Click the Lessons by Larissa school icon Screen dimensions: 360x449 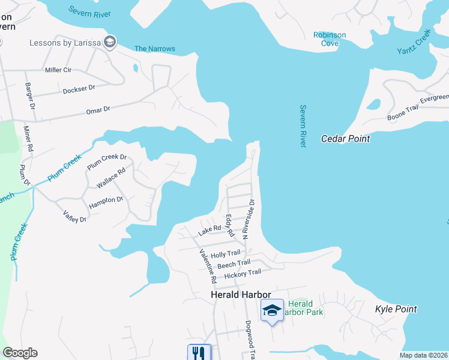pos(110,42)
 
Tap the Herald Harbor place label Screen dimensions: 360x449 pos(241,295)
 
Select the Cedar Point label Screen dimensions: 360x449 pos(345,139)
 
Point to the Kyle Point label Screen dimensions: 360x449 pos(396,309)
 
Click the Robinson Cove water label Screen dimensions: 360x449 pos(330,39)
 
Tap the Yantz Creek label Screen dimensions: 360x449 pos(414,43)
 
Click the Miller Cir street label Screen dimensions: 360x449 pos(58,70)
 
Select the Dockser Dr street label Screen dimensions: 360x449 pos(79,89)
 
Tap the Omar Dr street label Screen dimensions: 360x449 pos(98,109)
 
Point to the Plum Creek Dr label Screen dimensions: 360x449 pos(107,162)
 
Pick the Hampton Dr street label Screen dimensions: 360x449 pos(106,202)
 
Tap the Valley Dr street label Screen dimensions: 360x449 pos(74,216)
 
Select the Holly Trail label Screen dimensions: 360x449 pos(225,254)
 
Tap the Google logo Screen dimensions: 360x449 pos(20,353)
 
